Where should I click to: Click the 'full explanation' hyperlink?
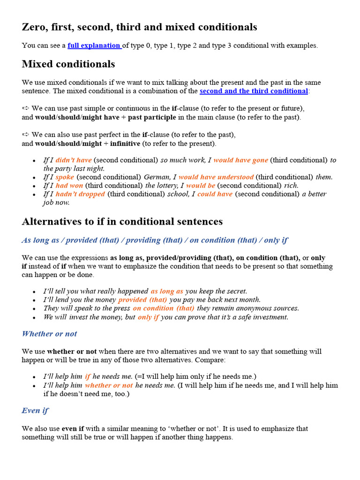click(94, 45)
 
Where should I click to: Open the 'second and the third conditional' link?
click(254, 91)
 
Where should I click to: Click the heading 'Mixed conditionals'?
click(68, 64)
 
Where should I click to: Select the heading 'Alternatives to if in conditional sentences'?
click(122, 221)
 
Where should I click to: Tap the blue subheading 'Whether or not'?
click(49, 334)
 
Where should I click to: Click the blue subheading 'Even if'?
click(35, 411)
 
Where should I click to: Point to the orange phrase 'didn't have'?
click(74, 160)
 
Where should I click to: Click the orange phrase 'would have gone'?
click(240, 160)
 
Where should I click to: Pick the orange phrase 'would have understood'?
click(216, 177)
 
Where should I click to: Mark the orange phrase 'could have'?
click(215, 194)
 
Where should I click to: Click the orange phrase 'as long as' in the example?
click(167, 291)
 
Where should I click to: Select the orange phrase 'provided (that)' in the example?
click(142, 300)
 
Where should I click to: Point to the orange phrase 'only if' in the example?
click(148, 317)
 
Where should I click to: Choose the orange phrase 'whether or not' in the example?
click(109, 385)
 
